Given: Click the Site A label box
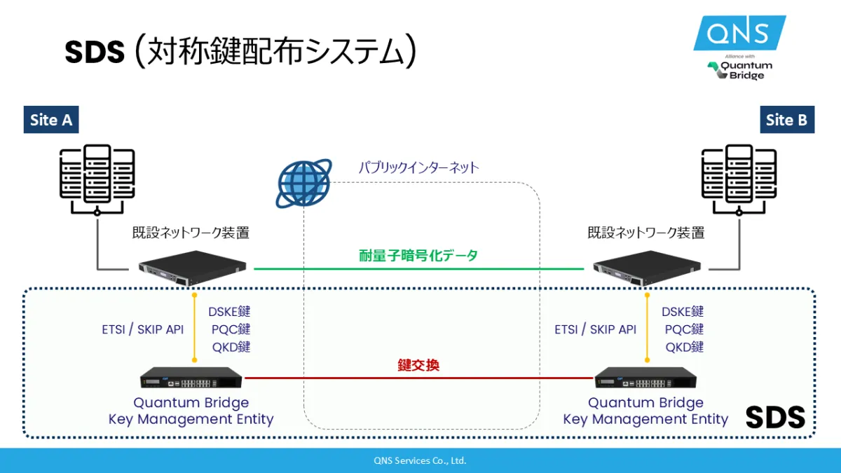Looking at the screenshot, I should (x=51, y=120).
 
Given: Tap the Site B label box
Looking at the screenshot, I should (x=786, y=120).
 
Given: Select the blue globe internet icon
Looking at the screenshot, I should (x=303, y=184).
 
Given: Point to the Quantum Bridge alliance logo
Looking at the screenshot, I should (x=740, y=69).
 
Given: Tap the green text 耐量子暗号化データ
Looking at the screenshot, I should (x=418, y=256).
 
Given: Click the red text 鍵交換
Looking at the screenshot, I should (x=418, y=365).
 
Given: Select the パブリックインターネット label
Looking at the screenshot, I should (x=419, y=167).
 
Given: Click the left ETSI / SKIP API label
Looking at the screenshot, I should (x=142, y=329).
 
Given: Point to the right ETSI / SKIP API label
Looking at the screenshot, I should (x=596, y=329).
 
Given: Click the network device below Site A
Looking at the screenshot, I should (x=193, y=268).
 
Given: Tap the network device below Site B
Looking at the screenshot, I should (x=647, y=268).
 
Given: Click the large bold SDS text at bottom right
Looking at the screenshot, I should (x=775, y=418).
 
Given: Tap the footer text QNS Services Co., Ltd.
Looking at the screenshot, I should (x=420, y=460).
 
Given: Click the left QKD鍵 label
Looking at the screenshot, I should (x=231, y=347).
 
